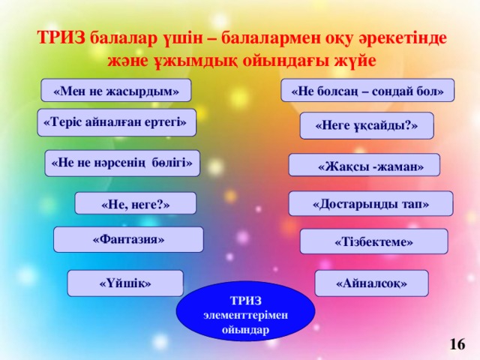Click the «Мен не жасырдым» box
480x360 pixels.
[x=116, y=91]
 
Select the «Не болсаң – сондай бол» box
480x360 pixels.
[x=367, y=91]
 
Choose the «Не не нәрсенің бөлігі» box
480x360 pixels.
[x=123, y=162]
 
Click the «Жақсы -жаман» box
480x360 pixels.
[x=364, y=166]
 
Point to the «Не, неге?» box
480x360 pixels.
[x=135, y=203]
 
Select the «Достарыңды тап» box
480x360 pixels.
[x=370, y=203]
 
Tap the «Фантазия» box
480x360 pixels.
[x=128, y=239]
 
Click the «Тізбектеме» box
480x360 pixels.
[x=373, y=241]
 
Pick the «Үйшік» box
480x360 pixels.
[x=125, y=283]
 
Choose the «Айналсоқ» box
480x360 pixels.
[x=371, y=283]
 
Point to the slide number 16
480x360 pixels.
[x=457, y=343]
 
